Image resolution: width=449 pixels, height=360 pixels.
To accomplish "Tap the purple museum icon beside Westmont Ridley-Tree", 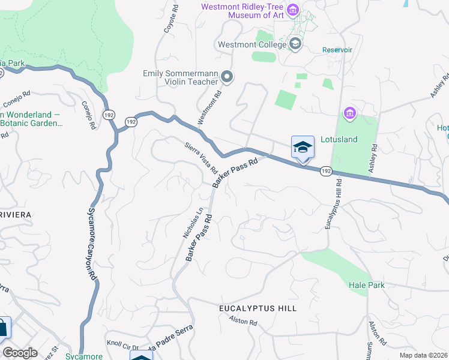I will (293, 10).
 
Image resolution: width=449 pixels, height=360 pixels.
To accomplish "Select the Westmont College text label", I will (251, 44).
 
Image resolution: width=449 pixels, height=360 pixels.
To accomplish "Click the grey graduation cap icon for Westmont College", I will (295, 44).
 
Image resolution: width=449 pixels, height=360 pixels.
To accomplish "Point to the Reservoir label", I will (336, 50).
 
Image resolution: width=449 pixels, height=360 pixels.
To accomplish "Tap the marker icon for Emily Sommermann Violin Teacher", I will (227, 77).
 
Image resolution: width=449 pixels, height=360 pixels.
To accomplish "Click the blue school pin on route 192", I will (303, 147).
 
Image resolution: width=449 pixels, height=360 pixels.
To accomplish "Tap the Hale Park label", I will (366, 286).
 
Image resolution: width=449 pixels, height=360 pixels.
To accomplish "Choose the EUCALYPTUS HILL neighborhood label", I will (257, 308).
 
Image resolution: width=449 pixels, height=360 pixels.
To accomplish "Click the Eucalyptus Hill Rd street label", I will (333, 203).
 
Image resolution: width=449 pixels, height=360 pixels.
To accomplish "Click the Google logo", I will (20, 353).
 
